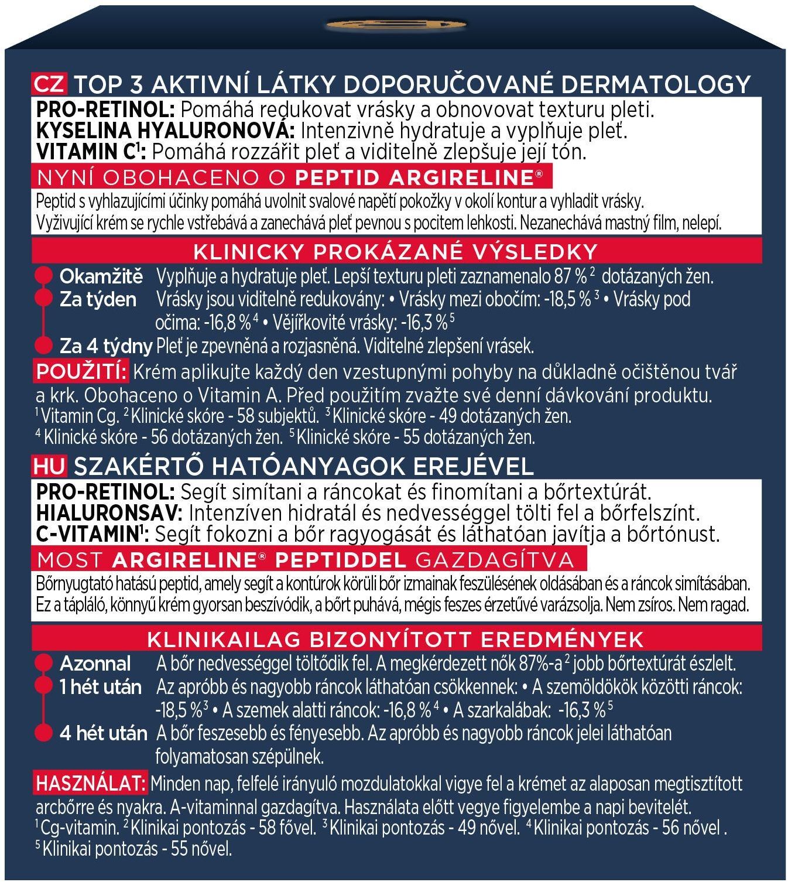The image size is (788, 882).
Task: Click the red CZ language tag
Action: pyautogui.click(x=50, y=84)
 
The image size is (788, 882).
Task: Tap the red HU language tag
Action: pyautogui.click(x=50, y=466)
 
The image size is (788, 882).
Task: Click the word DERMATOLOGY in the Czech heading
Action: pyautogui.click(x=656, y=84)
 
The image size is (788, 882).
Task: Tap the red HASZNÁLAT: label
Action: pyautogui.click(x=90, y=783)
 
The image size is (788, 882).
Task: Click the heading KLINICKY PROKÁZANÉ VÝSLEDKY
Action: pyautogui.click(x=395, y=252)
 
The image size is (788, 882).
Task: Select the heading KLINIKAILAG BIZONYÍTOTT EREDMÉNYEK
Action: pyautogui.click(x=395, y=638)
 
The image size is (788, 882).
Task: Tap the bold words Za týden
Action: pyautogui.click(x=98, y=299)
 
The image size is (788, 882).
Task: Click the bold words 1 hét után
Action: pyautogui.click(x=101, y=687)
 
